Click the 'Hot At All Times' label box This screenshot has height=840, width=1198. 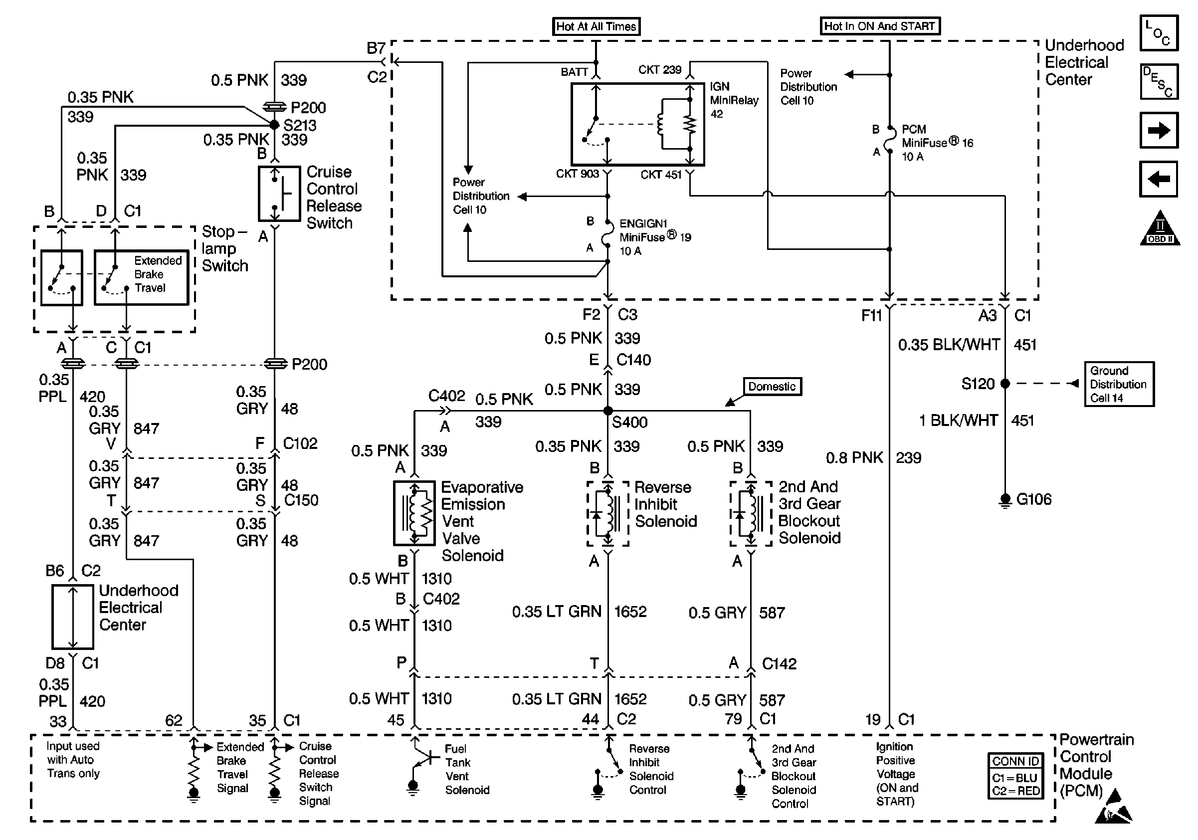click(596, 26)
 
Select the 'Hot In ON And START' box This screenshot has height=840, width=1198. click(879, 26)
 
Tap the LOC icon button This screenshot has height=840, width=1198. click(1158, 33)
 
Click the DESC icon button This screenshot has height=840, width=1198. click(1158, 81)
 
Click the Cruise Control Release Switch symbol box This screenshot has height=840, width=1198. click(279, 194)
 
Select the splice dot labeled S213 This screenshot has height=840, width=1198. click(274, 125)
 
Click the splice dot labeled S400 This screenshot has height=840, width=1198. click(608, 411)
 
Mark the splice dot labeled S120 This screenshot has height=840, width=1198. click(1005, 384)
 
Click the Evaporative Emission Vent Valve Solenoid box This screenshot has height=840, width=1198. click(414, 513)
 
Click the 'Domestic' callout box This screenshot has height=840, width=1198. click(772, 387)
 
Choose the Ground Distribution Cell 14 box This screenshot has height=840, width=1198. click(1119, 384)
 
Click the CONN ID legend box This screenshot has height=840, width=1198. click(1015, 776)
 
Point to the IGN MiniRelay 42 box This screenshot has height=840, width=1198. click(637, 124)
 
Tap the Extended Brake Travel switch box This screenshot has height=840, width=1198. click(142, 277)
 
